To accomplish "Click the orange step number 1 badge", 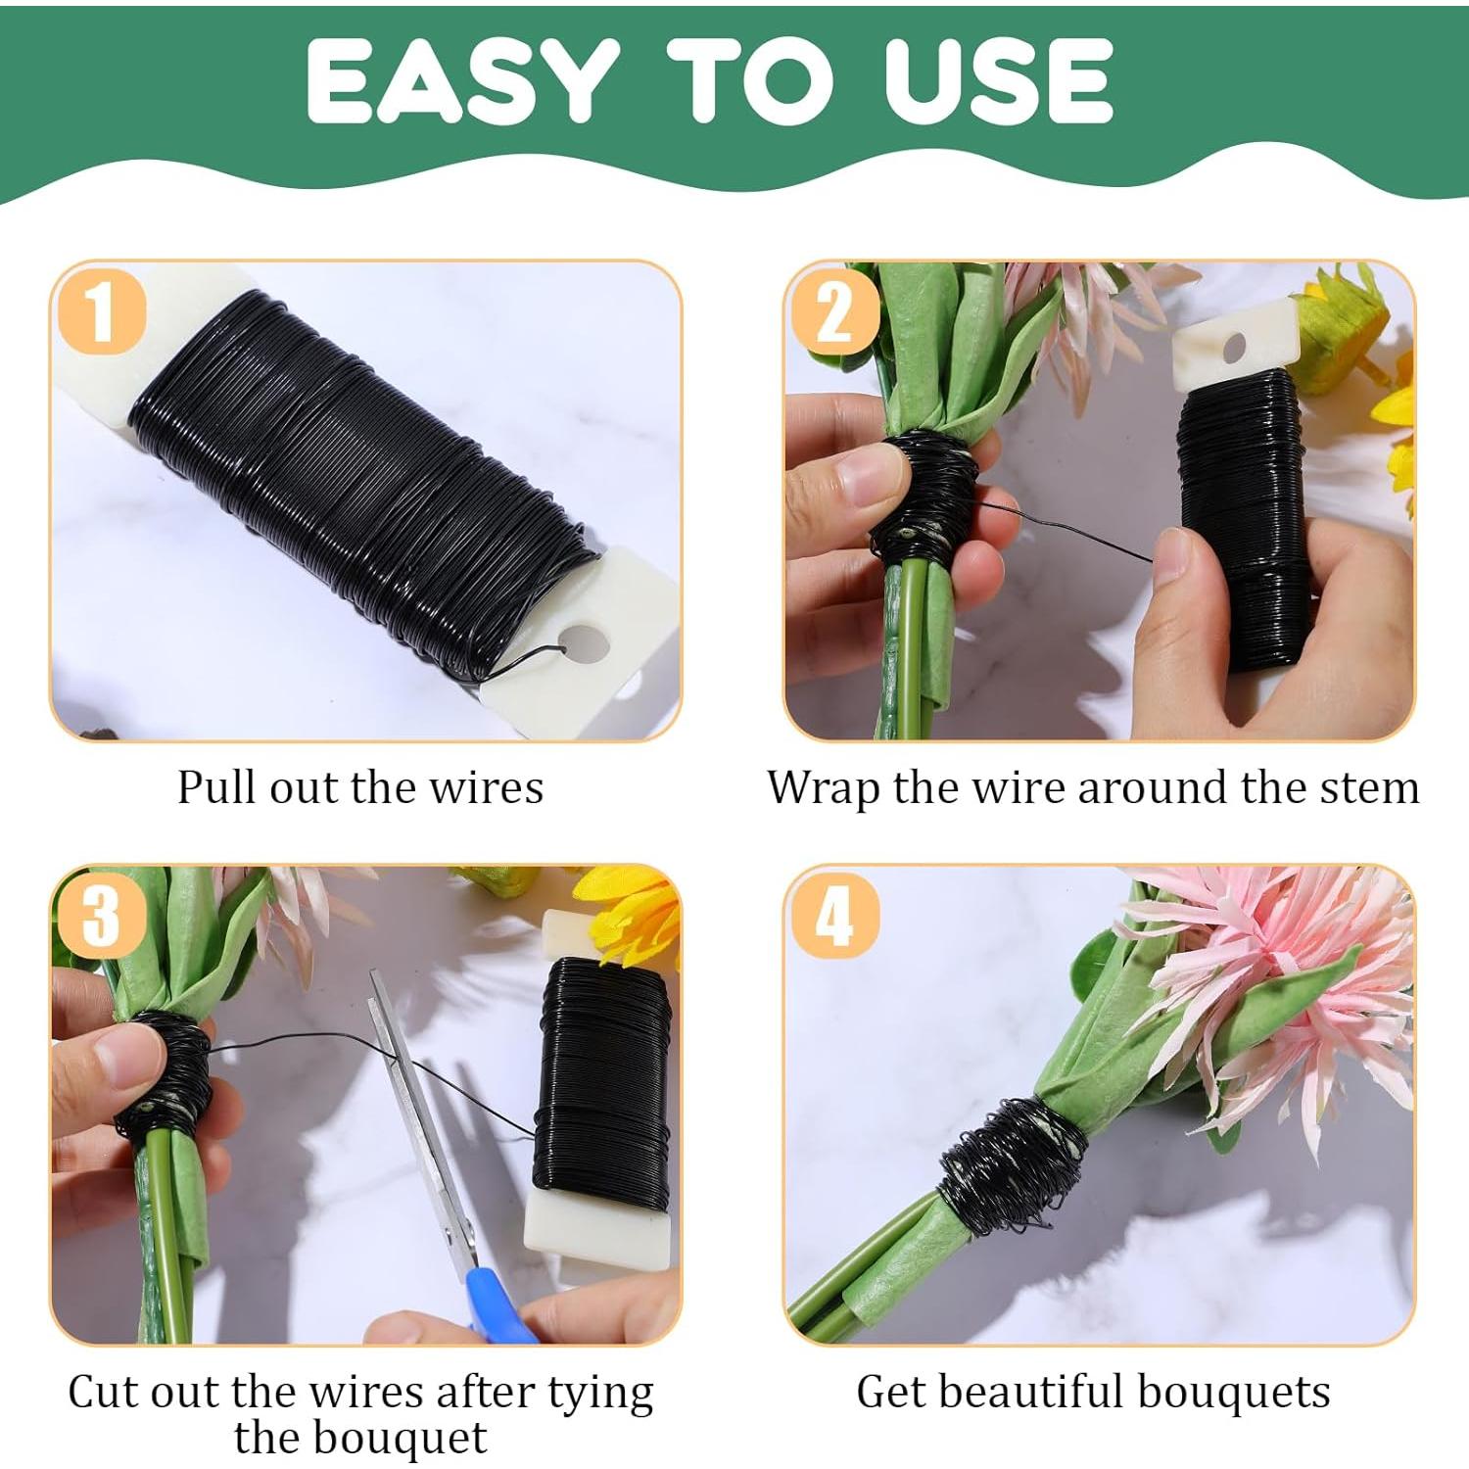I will pyautogui.click(x=102, y=312).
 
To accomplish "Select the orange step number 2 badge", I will pyautogui.click(x=834, y=312).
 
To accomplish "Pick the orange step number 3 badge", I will pyautogui.click(x=102, y=917).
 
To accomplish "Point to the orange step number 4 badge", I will pyautogui.click(x=834, y=917).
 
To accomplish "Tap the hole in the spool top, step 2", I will pyautogui.click(x=1233, y=347).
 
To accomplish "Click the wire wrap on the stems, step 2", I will pyautogui.click(x=925, y=495).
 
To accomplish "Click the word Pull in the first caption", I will pyautogui.click(x=217, y=787).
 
